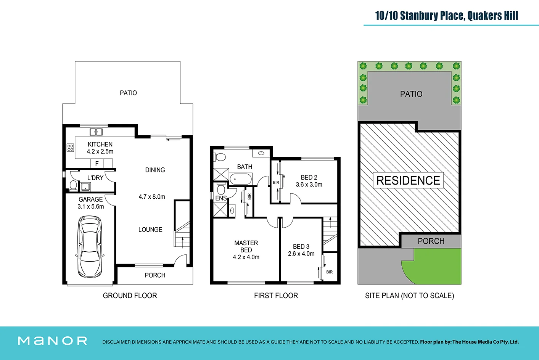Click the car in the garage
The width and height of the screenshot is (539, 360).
90,246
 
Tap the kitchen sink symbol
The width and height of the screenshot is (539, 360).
96,132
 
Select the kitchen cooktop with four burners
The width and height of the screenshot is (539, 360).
70,148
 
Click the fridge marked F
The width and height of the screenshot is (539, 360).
97,163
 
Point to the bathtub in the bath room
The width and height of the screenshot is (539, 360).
241,179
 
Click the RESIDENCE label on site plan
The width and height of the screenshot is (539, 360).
408,180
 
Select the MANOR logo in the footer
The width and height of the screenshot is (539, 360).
53,341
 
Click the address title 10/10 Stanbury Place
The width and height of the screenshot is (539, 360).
446,16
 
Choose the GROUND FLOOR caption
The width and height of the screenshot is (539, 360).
130,296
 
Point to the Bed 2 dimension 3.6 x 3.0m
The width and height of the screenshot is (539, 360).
309,185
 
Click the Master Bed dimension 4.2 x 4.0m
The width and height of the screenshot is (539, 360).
246,257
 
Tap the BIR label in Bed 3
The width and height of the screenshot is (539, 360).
329,272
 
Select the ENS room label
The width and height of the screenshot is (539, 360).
221,198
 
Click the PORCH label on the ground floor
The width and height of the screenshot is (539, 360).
155,275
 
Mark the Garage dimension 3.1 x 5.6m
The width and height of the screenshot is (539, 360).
90,206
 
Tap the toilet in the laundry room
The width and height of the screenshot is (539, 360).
73,185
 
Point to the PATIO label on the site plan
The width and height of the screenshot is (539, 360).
411,94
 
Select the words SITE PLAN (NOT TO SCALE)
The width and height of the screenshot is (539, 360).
409,296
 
